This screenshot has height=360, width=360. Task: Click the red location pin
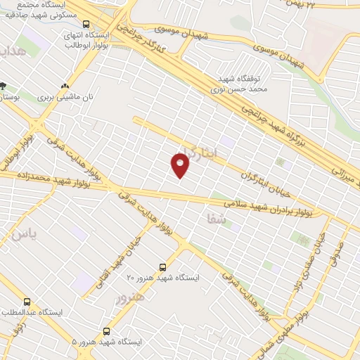click(x=181, y=165)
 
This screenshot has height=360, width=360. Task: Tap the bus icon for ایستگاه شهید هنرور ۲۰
click(x=162, y=267)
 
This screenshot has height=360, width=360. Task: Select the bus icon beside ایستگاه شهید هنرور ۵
click(x=106, y=330)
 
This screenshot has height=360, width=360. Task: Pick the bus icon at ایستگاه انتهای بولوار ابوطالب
click(x=86, y=24)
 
